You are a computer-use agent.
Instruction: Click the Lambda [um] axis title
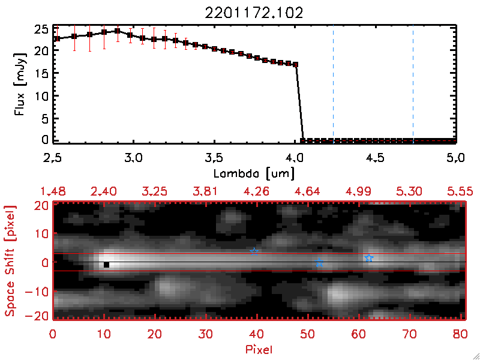pos(254,173)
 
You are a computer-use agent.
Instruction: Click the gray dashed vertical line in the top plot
pos(333,84)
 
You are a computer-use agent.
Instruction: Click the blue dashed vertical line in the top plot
pos(413,84)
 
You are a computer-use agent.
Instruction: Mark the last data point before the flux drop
pos(295,64)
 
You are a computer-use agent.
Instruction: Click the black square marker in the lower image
pos(107,265)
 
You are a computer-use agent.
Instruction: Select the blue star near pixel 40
pos(254,251)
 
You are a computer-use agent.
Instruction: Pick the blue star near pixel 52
pos(319,263)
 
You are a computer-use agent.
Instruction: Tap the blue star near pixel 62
pos(369,258)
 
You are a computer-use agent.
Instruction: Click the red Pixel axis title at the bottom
pos(258,349)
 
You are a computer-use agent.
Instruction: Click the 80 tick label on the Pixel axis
pos(460,334)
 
